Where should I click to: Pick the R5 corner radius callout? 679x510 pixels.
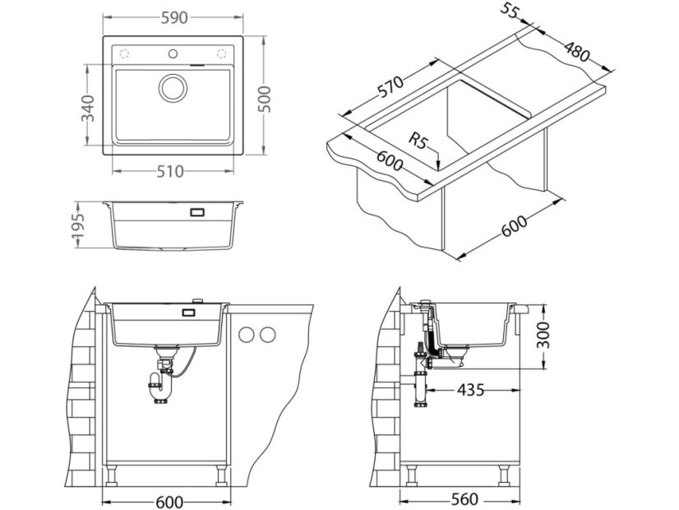[x=421, y=143]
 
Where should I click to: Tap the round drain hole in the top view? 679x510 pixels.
[x=173, y=87]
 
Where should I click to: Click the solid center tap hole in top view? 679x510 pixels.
[x=173, y=54]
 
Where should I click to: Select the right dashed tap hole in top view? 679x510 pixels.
[x=222, y=54]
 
